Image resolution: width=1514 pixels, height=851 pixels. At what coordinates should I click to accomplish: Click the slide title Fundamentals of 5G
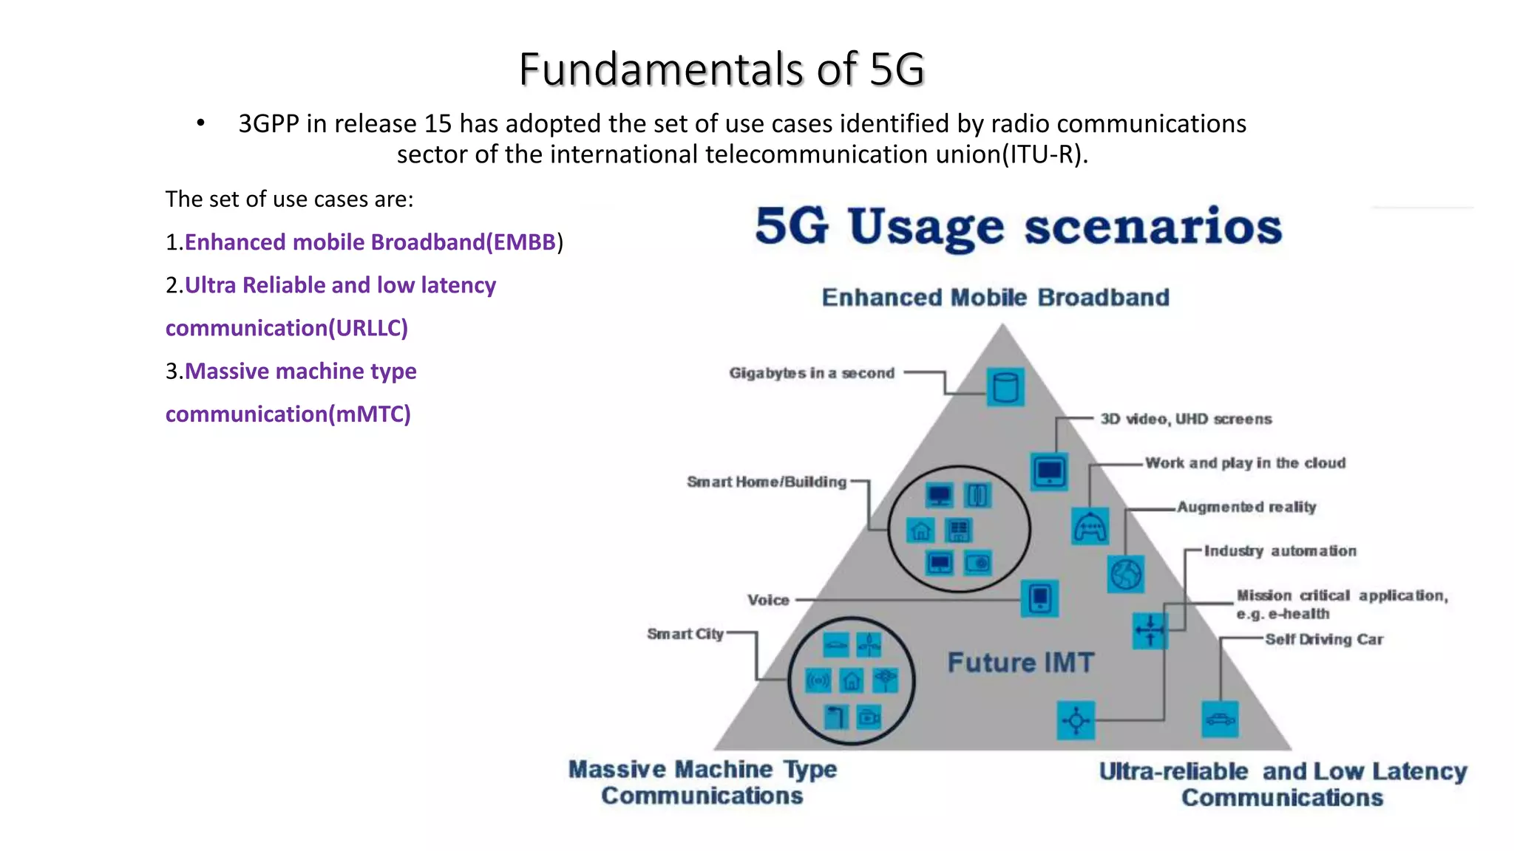(722, 69)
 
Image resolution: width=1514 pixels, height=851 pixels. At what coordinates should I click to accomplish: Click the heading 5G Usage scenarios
(1018, 226)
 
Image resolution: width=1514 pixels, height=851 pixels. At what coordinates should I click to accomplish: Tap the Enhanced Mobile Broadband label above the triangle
(995, 297)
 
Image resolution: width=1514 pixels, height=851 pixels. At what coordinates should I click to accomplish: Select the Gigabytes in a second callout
(812, 373)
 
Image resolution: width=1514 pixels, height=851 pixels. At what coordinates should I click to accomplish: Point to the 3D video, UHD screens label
(1186, 419)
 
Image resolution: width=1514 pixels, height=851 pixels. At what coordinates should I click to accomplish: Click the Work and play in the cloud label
(1245, 463)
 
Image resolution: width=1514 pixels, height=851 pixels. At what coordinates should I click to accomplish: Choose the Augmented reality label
(1246, 507)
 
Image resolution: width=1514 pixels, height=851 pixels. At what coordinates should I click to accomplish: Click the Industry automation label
(1280, 551)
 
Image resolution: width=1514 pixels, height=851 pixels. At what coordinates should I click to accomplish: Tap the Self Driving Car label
(1323, 640)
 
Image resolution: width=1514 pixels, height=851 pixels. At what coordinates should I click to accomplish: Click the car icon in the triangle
(1220, 719)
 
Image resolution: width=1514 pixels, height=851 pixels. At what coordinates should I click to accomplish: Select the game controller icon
(1090, 527)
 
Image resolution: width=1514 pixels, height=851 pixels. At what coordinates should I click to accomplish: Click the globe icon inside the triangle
(1126, 574)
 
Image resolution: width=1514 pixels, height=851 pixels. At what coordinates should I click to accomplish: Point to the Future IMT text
(1020, 663)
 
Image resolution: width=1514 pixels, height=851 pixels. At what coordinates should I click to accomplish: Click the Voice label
(768, 600)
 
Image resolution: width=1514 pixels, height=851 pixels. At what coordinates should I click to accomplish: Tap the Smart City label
(685, 634)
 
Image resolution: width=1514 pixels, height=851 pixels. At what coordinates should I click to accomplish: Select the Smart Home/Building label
(767, 482)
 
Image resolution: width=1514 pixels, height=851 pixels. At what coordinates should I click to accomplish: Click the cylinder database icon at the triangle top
(1005, 386)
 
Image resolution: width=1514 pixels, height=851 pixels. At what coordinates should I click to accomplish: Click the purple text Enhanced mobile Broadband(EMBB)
(370, 242)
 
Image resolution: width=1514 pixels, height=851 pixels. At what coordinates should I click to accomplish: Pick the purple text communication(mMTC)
(288, 414)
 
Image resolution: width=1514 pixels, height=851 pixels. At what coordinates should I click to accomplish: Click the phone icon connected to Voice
(1039, 598)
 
